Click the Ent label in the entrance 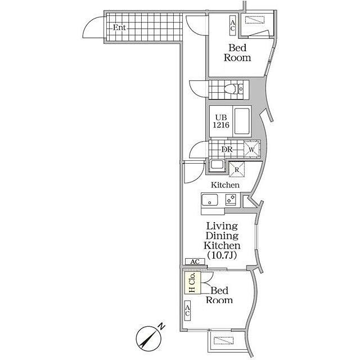click(x=119, y=28)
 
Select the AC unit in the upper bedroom click(x=232, y=26)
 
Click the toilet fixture click(x=233, y=89)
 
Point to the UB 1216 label click(x=221, y=121)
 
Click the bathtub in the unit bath click(x=242, y=122)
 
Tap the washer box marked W click(x=251, y=149)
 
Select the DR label click(x=227, y=150)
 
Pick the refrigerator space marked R click(x=237, y=170)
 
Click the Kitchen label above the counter click(x=225, y=185)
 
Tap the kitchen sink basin click(x=210, y=200)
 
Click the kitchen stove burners click(x=231, y=199)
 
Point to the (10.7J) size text click(x=222, y=255)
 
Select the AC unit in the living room click(x=195, y=262)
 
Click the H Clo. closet click(x=193, y=282)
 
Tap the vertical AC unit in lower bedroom click(x=187, y=310)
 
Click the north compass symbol click(x=150, y=337)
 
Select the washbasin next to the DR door click(x=217, y=165)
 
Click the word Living click(x=222, y=226)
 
